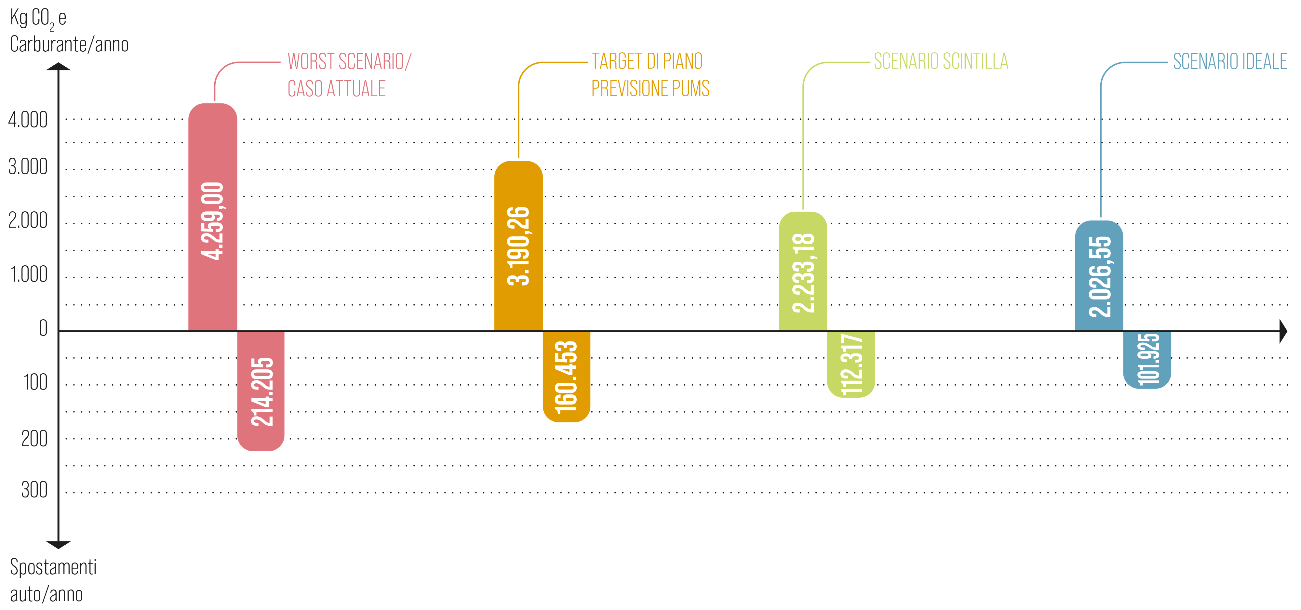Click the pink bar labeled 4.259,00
(213, 217)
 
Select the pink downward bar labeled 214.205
(261, 391)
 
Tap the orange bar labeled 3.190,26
(518, 246)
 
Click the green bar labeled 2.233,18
(803, 271)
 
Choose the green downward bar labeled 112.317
(851, 364)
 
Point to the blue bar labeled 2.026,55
(1099, 276)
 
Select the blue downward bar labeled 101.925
(1147, 360)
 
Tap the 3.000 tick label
(28, 166)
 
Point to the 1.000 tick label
(29, 274)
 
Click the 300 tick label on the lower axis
(34, 490)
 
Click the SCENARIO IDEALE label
(1230, 61)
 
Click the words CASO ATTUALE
(336, 89)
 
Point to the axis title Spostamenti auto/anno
(53, 581)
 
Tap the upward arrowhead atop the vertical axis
(59, 66)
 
